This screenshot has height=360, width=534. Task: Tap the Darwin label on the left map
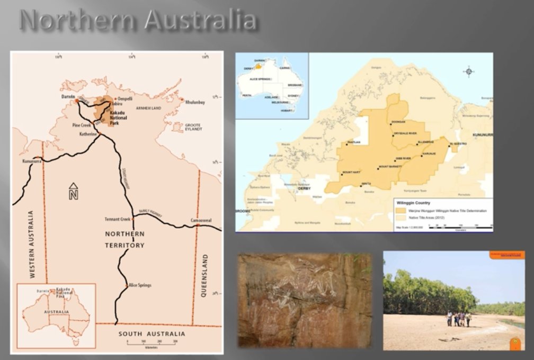pos(67,96)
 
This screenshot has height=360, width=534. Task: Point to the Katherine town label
pos(88,134)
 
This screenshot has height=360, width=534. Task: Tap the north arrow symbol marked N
pos(74,191)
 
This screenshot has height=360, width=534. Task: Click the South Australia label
pos(152,334)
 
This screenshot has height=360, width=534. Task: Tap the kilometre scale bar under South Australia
pos(151,343)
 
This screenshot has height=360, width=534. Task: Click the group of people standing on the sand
pos(459,319)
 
